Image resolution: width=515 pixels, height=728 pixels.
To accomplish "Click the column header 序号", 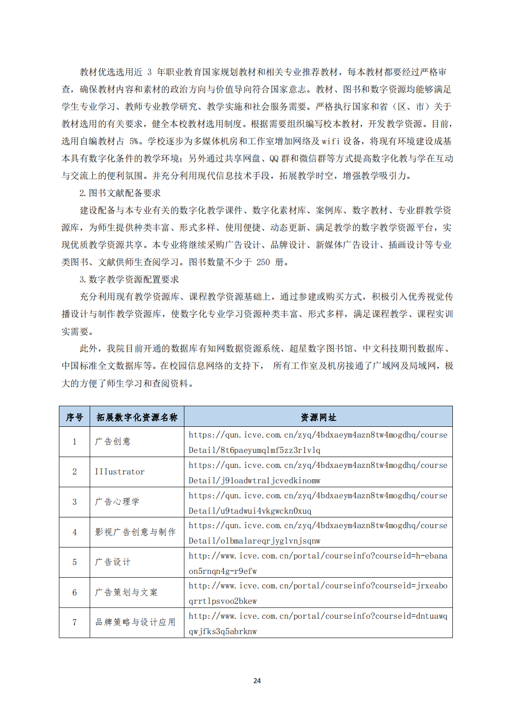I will (x=74, y=417).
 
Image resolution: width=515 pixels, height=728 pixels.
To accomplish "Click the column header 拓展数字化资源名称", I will (x=137, y=417).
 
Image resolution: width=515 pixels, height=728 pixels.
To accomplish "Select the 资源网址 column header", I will (x=318, y=417).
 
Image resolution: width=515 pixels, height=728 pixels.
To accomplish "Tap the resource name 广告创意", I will (x=113, y=441).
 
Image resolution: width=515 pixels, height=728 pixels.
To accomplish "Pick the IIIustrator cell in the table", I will (x=120, y=472).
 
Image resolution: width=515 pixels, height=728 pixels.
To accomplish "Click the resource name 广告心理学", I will (x=117, y=502).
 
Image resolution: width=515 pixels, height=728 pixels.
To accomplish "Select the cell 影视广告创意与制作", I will (x=136, y=532).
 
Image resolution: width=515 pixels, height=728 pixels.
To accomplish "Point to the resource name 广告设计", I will (x=113, y=562).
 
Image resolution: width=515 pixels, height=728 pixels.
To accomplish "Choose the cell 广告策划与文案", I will (x=126, y=592).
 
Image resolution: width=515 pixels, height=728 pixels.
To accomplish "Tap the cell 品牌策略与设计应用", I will (x=136, y=622).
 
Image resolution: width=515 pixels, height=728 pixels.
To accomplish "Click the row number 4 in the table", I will (x=74, y=532).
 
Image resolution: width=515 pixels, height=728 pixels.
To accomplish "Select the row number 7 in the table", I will (x=74, y=622).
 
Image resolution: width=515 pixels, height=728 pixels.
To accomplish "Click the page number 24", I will (x=257, y=680).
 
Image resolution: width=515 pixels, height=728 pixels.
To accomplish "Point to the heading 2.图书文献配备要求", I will (x=120, y=193).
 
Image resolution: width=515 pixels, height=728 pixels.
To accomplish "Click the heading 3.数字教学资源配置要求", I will (x=129, y=279).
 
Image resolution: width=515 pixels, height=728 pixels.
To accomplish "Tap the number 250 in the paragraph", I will (x=263, y=262).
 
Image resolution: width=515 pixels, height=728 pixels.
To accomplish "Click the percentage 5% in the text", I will (x=134, y=141).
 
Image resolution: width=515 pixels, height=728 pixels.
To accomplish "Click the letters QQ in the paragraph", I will (x=273, y=158).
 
